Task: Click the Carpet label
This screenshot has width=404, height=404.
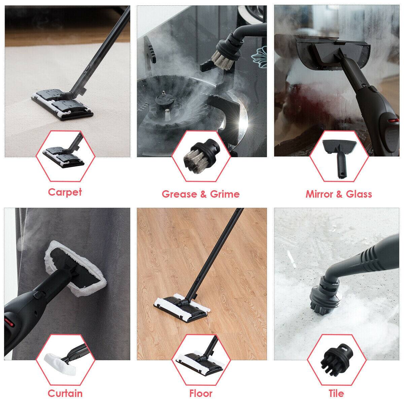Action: tap(65, 192)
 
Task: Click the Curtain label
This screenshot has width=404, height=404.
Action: tap(65, 393)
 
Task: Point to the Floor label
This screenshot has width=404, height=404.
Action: tap(201, 393)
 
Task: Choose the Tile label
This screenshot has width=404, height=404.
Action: tap(336, 393)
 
